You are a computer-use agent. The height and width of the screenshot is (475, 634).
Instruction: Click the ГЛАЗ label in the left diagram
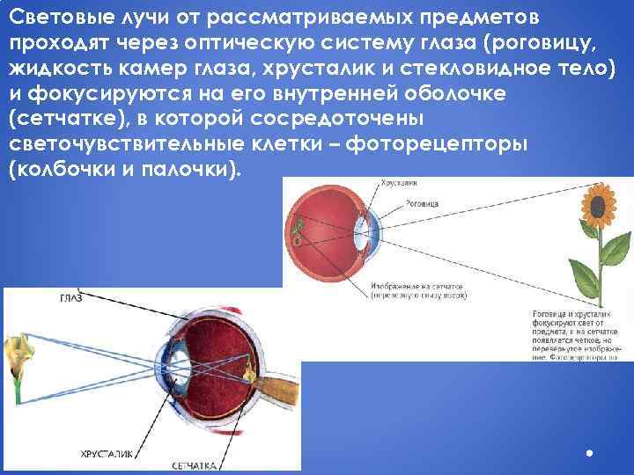tap(70, 298)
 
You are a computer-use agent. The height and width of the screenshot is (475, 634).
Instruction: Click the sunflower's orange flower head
tap(597, 204)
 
